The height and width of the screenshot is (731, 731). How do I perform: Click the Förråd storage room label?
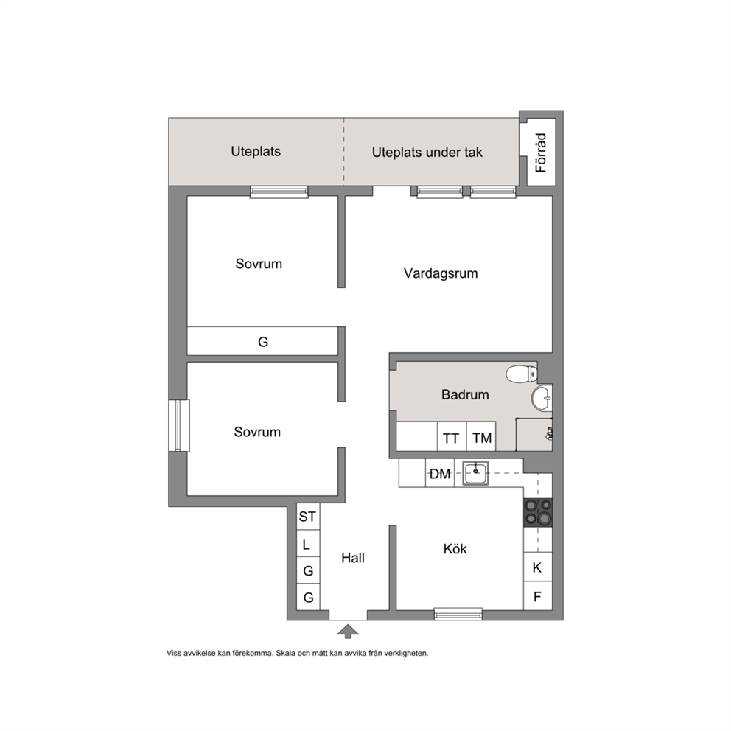541,153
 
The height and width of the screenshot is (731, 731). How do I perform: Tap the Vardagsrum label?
441,273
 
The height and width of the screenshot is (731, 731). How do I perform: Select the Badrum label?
465,395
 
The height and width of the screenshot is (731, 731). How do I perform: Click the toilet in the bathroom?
522,374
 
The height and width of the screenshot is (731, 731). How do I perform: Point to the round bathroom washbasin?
542,399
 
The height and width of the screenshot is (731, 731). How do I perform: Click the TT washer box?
451,436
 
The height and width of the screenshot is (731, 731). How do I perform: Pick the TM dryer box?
481,436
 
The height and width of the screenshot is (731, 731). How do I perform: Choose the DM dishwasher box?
440,473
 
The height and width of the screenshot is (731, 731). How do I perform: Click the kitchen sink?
475,473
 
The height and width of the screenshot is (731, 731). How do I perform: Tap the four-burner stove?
538,513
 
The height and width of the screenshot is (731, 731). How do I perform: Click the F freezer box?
538,596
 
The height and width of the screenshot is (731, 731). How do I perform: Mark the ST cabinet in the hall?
308,517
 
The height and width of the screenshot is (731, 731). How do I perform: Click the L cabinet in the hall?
308,544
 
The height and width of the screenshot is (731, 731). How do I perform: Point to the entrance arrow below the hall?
348,632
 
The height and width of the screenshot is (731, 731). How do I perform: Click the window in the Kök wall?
458,614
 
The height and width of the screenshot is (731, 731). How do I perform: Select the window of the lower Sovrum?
179,425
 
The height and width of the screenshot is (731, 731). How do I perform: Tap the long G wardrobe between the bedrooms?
262,340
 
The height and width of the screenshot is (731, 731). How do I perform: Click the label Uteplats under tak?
427,153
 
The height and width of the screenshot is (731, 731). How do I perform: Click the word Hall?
353,558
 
